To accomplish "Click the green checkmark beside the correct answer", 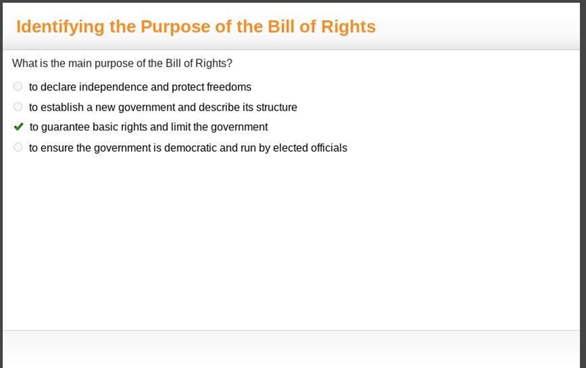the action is [x=18, y=127].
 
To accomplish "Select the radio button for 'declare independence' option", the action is [x=18, y=87].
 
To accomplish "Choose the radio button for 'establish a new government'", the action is [x=18, y=106].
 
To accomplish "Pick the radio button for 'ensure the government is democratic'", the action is [x=18, y=147].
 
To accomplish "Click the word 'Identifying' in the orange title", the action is [x=60, y=27].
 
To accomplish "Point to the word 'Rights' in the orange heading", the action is [x=349, y=27].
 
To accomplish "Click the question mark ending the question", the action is [x=229, y=63].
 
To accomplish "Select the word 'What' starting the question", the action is [x=25, y=63].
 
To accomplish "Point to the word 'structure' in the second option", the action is [x=277, y=107].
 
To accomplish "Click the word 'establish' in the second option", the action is [x=62, y=107].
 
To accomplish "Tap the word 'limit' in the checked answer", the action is [x=181, y=127].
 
